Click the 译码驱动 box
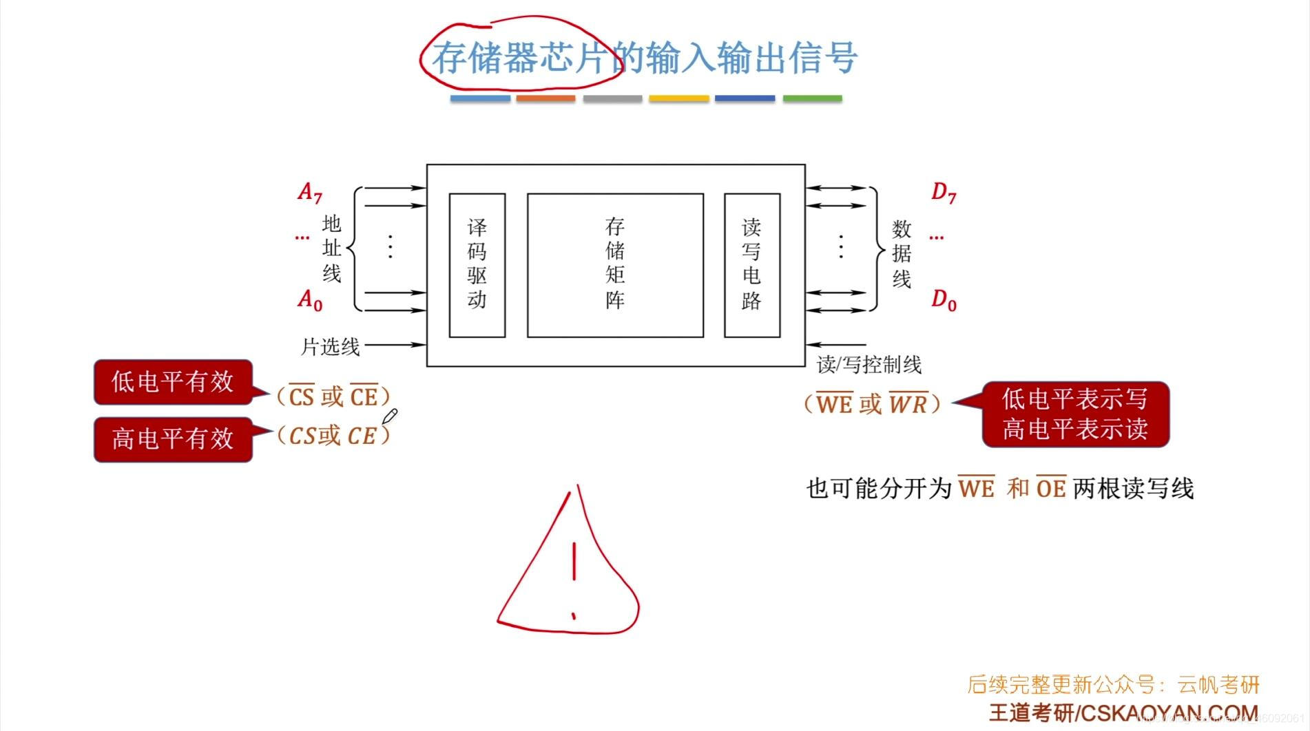pos(477,265)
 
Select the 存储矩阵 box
pos(615,265)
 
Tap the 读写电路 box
pos(751,265)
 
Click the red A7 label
pos(309,192)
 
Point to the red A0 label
pos(309,299)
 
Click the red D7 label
pos(944,192)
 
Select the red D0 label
pos(944,299)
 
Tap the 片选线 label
pos(330,347)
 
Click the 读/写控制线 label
pos(869,365)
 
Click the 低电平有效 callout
pos(173,382)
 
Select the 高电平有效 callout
pos(173,439)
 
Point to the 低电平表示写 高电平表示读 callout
pos(1074,414)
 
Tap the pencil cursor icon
pos(390,416)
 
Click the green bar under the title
pos(812,99)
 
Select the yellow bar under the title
pos(678,99)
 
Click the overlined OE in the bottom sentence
pos(1051,488)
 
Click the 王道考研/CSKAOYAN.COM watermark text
pos(1123,713)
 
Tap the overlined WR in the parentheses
pos(908,403)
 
